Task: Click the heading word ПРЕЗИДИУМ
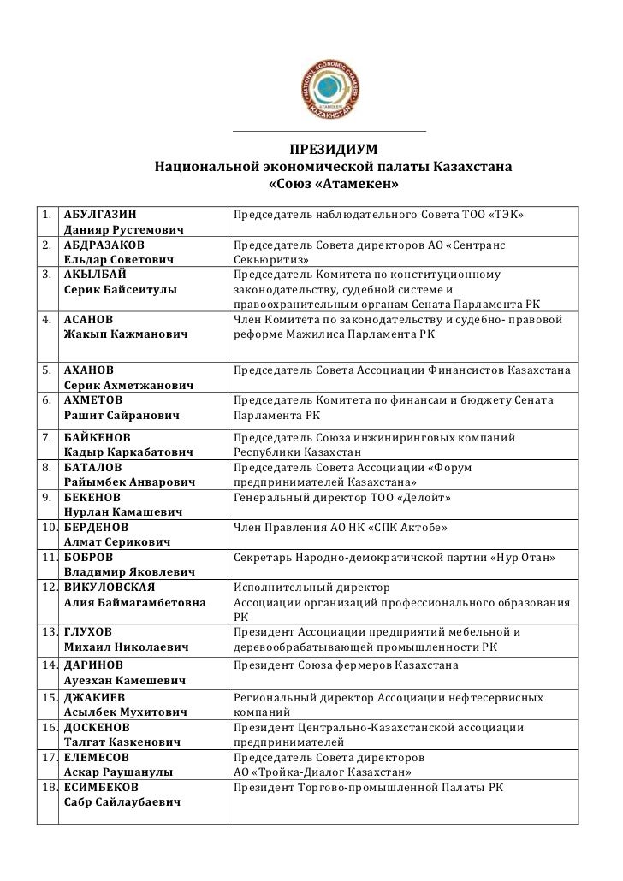tap(333, 147)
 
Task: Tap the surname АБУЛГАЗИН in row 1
tap(99, 212)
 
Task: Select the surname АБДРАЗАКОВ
tap(104, 245)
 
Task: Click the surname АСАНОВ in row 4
tap(88, 320)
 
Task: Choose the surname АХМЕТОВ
tap(93, 399)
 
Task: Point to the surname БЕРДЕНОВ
tap(98, 527)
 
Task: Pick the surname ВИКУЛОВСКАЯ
tap(110, 588)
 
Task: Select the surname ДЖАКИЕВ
tap(95, 697)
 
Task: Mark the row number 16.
tap(47, 728)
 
